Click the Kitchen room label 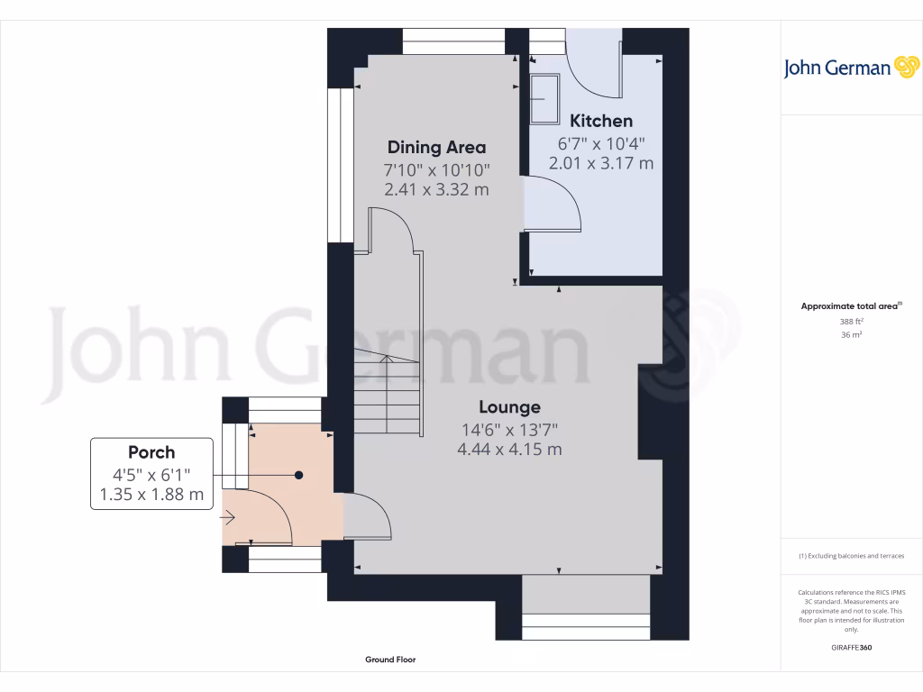(601, 121)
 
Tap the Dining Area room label (436, 148)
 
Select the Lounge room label (509, 407)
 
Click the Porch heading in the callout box (151, 452)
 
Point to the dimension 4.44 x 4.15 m (509, 449)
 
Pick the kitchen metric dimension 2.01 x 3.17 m (601, 163)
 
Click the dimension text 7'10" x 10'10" (436, 169)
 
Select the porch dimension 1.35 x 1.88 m (151, 495)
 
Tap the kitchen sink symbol (544, 98)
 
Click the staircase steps (387, 393)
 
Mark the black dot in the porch (298, 475)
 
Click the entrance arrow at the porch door (228, 518)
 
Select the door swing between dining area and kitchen (552, 204)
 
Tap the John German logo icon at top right (904, 68)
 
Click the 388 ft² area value (851, 321)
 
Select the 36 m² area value (851, 334)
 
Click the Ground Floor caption (390, 660)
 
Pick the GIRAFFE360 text (851, 647)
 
